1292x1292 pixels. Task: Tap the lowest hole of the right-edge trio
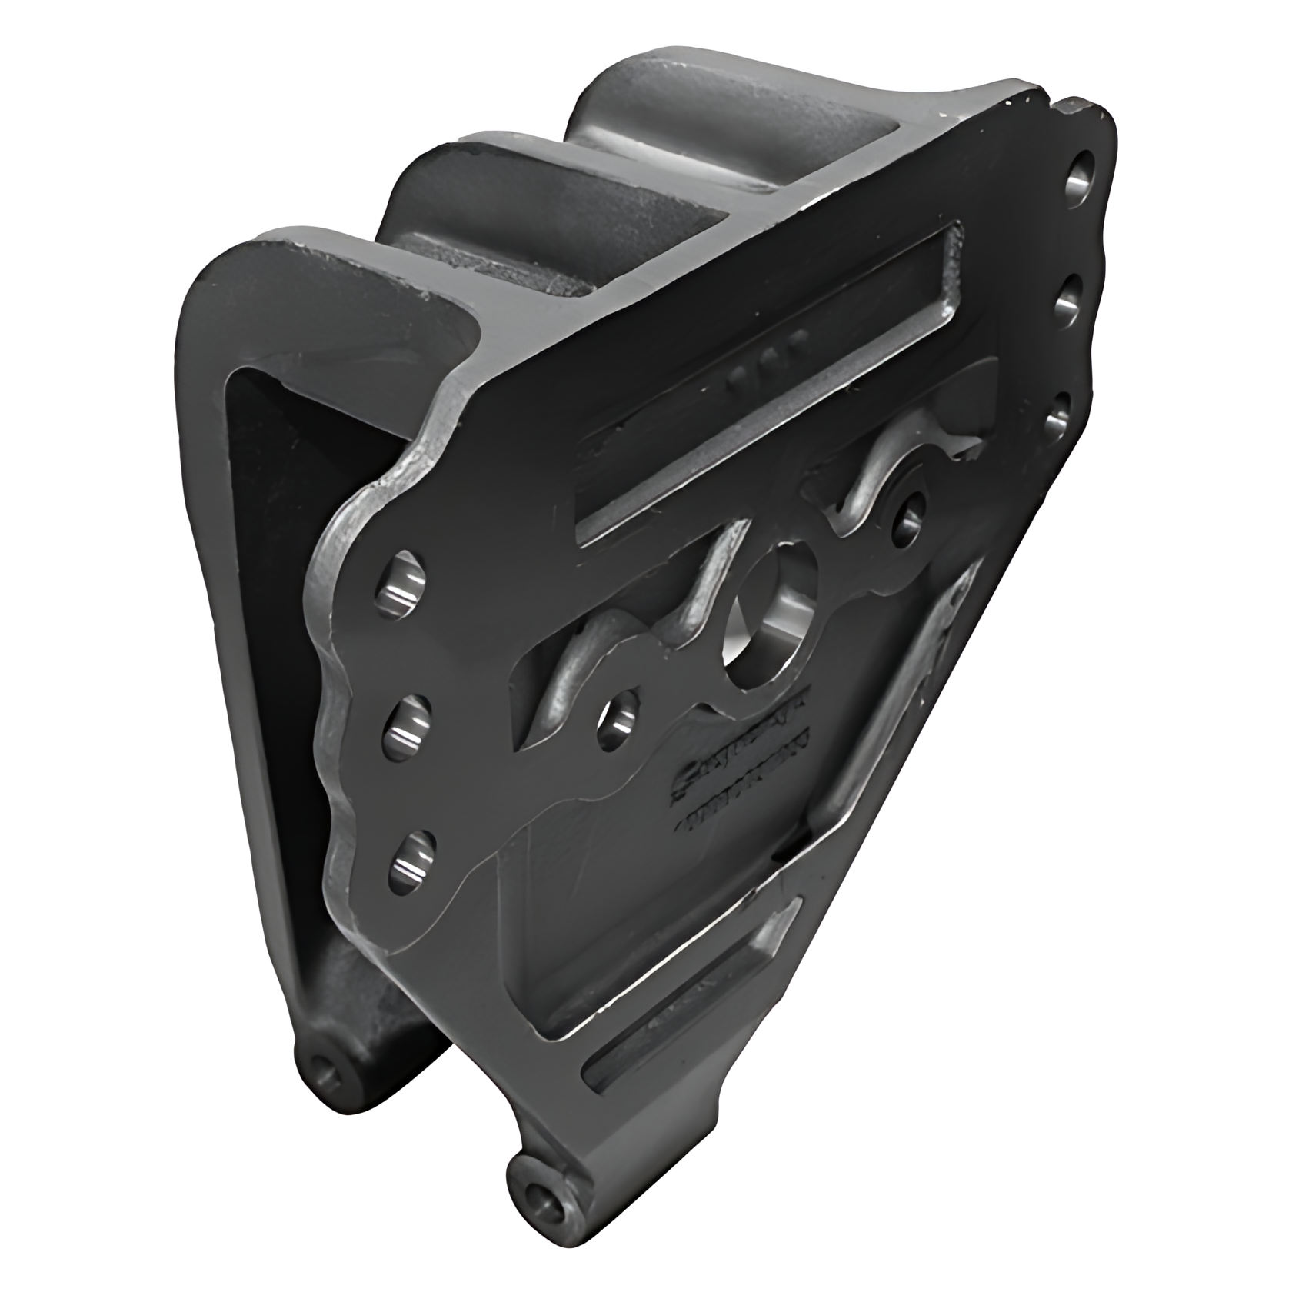pyautogui.click(x=1057, y=415)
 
